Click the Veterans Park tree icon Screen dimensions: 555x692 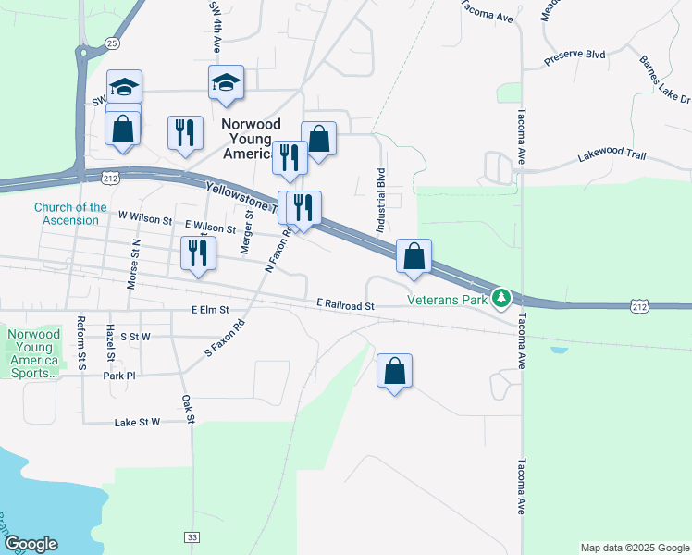[x=501, y=298]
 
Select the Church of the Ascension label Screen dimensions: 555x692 [x=71, y=214]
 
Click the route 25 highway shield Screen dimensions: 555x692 [x=112, y=43]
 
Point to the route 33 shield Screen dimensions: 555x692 [x=192, y=536]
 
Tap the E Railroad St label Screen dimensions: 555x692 [x=344, y=304]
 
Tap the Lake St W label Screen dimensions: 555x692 [x=137, y=422]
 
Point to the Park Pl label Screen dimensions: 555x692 [x=119, y=376]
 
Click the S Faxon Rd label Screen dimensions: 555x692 [x=224, y=339]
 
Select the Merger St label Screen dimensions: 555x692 [x=247, y=230]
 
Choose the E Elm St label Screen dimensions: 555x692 [x=210, y=310]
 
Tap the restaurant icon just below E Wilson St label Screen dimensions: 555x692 [x=198, y=253]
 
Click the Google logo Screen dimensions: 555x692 [x=31, y=544]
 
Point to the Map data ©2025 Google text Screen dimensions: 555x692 [x=634, y=548]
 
